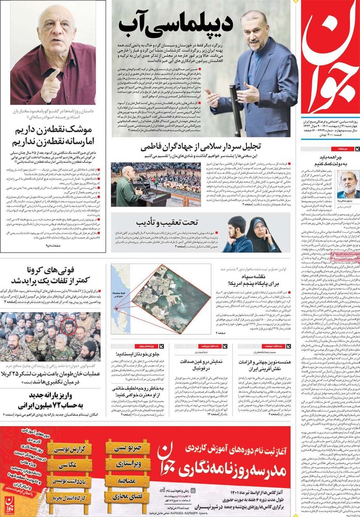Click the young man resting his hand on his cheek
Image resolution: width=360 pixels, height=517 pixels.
[235, 236]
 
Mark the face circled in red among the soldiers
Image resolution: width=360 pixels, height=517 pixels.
[69, 327]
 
